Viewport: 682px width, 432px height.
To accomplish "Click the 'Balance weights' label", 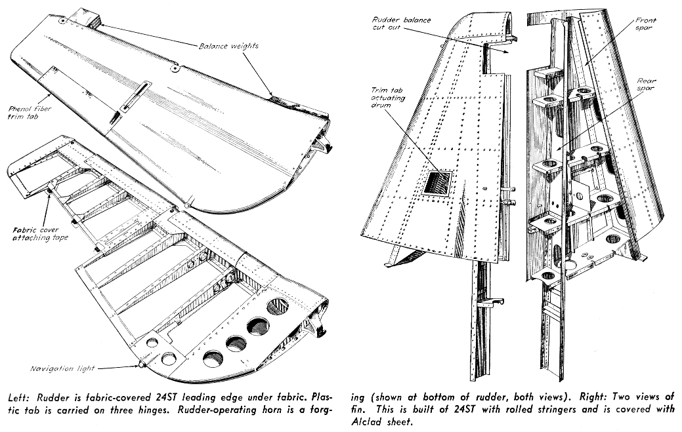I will [x=230, y=46].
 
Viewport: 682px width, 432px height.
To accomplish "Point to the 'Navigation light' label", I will [x=62, y=368].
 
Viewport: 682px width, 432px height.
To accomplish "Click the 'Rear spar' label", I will [x=646, y=85].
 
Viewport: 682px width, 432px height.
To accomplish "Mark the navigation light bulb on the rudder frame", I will [x=142, y=363].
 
